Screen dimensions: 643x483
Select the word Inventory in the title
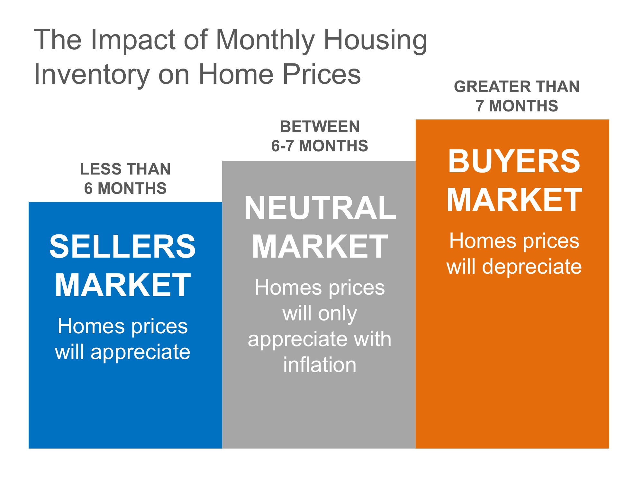click(x=92, y=75)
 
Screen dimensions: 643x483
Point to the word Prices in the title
click(x=322, y=74)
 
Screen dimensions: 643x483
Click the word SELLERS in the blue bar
click(x=122, y=246)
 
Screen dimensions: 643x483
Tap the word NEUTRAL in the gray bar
click(x=320, y=208)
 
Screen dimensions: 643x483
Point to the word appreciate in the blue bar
click(x=140, y=353)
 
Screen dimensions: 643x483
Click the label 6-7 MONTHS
click(x=320, y=146)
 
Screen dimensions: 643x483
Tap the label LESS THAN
click(x=125, y=169)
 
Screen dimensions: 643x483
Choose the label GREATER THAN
click(x=517, y=87)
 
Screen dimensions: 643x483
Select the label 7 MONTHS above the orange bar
click(x=517, y=106)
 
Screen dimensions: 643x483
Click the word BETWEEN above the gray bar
click(x=320, y=127)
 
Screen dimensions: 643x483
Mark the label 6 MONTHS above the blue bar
click(x=125, y=188)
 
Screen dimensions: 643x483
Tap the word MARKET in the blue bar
click(x=122, y=285)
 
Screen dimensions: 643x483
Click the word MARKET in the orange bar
click(x=514, y=200)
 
